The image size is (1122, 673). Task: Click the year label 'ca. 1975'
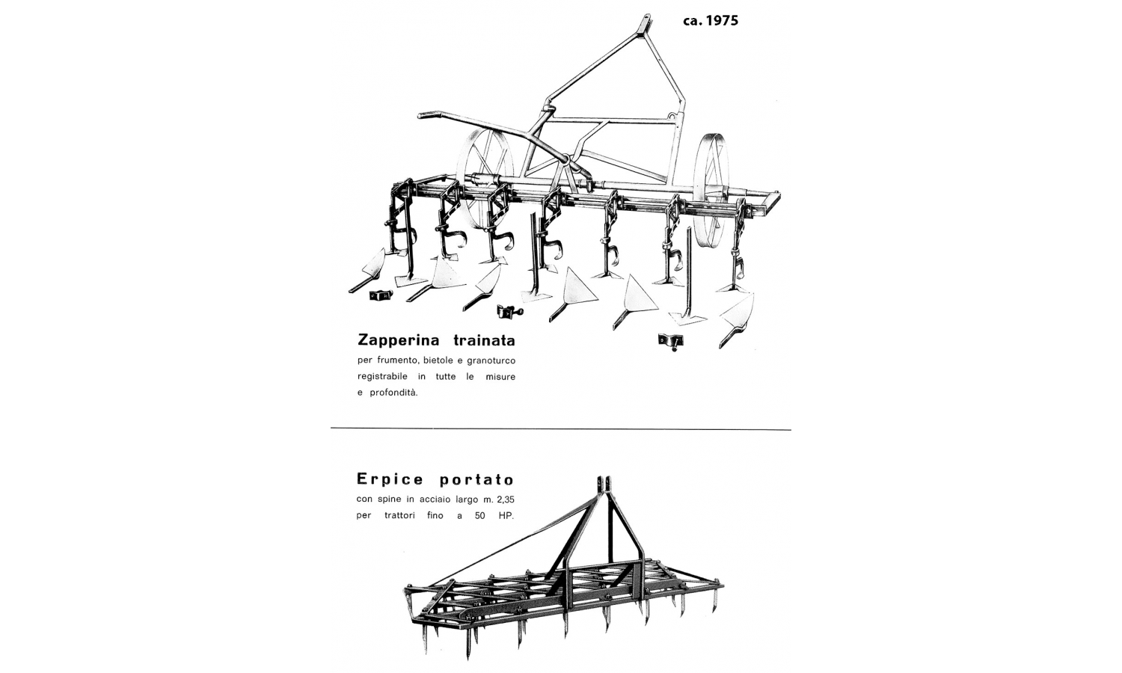pyautogui.click(x=711, y=20)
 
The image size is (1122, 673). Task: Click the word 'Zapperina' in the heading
pyautogui.click(x=399, y=340)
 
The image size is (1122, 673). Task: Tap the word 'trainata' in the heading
pyautogui.click(x=485, y=340)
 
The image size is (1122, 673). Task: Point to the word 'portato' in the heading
pyautogui.click(x=477, y=480)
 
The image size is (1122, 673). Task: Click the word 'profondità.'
pyautogui.click(x=393, y=393)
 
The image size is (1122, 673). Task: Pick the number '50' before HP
pyautogui.click(x=480, y=515)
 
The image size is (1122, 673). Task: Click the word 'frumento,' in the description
pyautogui.click(x=395, y=360)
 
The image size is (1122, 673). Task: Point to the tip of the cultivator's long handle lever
pyautogui.click(x=420, y=116)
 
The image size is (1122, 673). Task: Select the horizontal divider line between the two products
pyautogui.click(x=561, y=429)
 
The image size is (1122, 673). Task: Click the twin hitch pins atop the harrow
pyautogui.click(x=604, y=483)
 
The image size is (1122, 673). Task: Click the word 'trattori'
pyautogui.click(x=399, y=515)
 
